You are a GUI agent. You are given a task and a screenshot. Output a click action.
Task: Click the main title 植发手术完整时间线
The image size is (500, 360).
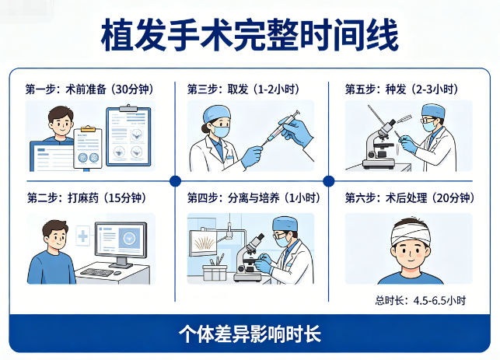coord(250,35)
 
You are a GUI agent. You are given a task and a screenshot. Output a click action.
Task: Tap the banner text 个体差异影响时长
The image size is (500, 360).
coord(250,335)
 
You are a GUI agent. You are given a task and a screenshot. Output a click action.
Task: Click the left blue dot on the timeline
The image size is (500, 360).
coord(175,180)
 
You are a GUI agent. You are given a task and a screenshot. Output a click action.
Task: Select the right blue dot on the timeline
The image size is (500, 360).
coord(328,180)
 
